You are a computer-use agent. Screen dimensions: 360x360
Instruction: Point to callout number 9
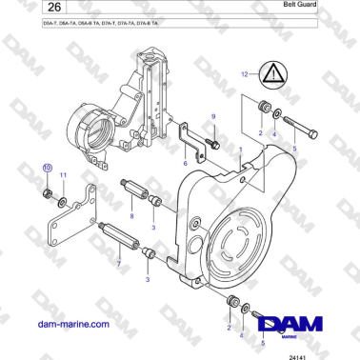[x=213, y=115]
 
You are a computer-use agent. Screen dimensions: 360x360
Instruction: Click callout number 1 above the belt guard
[x=241, y=150]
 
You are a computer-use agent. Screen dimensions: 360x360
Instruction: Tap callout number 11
[x=63, y=177]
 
